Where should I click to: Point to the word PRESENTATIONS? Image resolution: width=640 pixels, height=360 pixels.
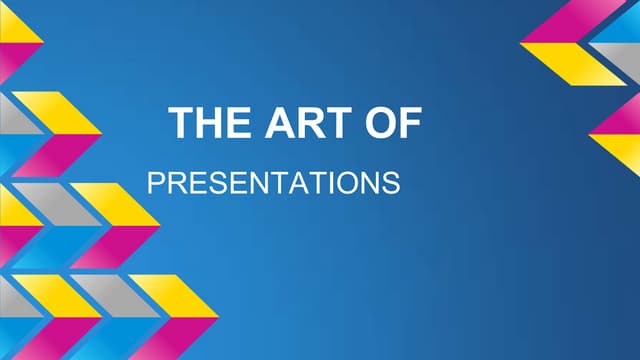point(273,184)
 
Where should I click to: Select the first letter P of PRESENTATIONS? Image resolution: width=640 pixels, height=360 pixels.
point(154,184)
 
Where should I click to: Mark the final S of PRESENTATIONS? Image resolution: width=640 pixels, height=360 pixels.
point(392,184)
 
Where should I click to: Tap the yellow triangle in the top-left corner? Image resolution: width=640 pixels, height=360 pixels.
point(17,29)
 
